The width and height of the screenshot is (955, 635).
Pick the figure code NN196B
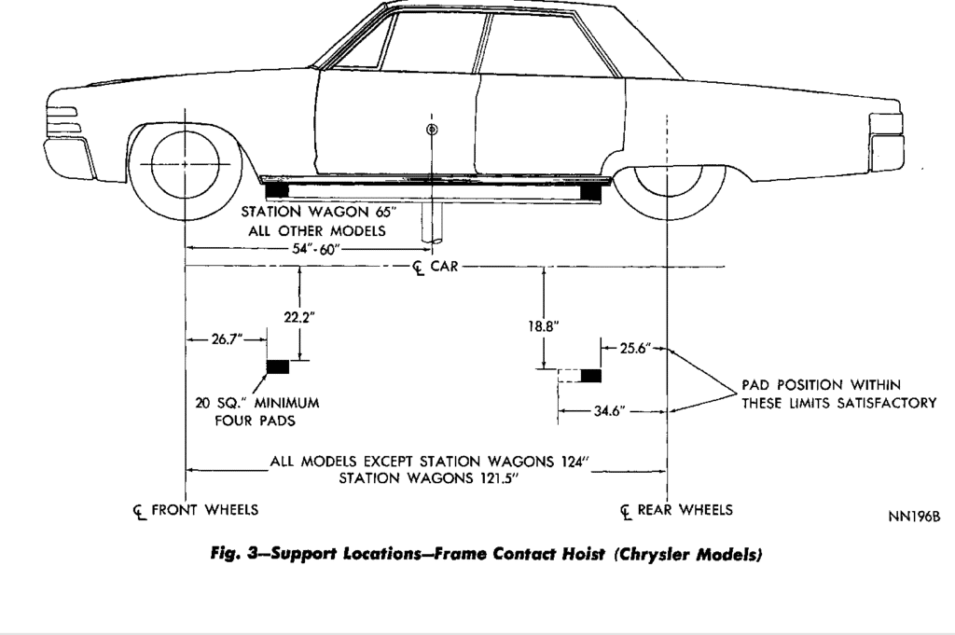pos(914,517)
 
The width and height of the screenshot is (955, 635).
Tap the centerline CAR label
pos(436,268)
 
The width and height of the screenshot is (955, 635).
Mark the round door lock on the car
pos(431,129)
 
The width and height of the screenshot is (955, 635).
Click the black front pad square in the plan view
pos(278,366)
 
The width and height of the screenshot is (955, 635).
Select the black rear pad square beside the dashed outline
pos(590,376)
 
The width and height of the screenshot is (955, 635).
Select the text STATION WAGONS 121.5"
pos(428,479)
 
